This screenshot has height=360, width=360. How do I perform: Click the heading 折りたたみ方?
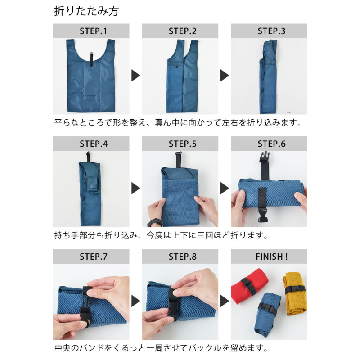pos(86,11)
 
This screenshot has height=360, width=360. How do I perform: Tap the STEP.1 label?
pos(94,31)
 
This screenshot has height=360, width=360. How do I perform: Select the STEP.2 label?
pos(183,31)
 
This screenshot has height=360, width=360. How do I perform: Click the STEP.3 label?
pos(271,31)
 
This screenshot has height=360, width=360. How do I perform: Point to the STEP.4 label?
pos(94,144)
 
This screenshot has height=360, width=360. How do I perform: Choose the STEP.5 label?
pos(183,144)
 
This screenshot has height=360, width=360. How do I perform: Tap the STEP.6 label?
pos(271,144)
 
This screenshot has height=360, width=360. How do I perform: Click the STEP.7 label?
pos(94,256)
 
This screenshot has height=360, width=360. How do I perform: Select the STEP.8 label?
pos(183,256)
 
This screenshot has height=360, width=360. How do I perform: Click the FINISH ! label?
pos(271,256)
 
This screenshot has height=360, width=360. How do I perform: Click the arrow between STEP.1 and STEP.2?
pos(135,76)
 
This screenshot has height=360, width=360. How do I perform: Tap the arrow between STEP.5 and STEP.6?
pos(225,188)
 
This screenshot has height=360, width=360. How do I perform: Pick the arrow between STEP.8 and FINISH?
pos(225,301)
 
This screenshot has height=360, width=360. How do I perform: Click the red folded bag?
pos(249,286)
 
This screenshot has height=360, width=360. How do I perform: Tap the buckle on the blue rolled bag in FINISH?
pos(268,308)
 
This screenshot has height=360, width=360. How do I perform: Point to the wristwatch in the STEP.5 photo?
pos(155,222)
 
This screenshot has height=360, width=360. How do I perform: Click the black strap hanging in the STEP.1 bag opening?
pos(91,59)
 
